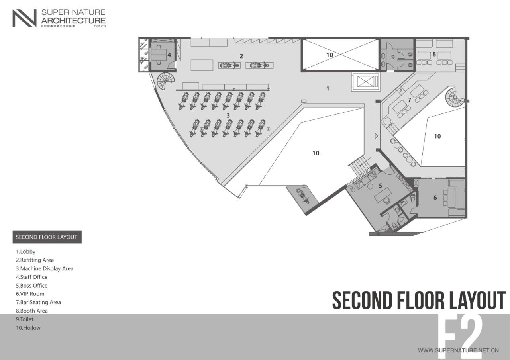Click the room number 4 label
[169, 55]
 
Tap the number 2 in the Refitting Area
[241, 56]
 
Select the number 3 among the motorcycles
[228, 115]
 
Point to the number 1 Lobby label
[328, 88]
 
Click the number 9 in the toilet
[393, 57]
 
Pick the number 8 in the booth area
[434, 54]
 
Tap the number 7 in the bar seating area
[409, 100]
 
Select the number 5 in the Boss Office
[381, 186]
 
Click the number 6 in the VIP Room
[435, 198]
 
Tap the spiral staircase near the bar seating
[455, 97]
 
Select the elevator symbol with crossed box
[364, 82]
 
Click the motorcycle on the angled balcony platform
[302, 196]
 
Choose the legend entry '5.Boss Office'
[31, 286]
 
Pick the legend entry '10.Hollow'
[28, 328]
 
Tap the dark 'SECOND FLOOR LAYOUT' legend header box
[47, 237]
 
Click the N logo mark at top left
[24, 18]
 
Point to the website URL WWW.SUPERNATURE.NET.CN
[458, 351]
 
